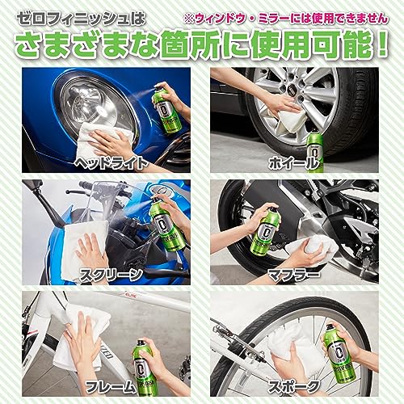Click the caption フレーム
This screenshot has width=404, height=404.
pyautogui.click(x=111, y=386)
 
